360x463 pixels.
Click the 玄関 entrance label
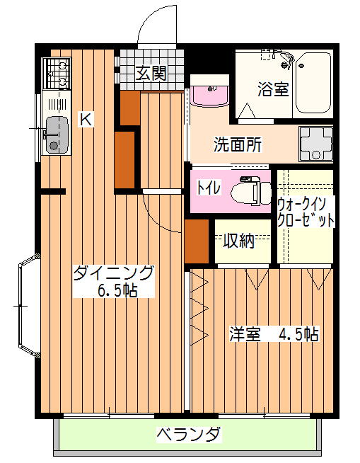(151, 73)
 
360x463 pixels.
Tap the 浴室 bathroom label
(273, 89)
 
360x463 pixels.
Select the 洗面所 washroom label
(238, 144)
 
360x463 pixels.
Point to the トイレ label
(209, 187)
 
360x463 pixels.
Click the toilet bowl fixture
(250, 191)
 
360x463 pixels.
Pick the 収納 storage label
(238, 241)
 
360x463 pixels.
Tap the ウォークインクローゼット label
(306, 212)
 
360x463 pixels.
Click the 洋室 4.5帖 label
(274, 334)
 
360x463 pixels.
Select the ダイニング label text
(114, 273)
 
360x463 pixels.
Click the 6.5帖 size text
(117, 291)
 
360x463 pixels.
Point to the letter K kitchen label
(86, 120)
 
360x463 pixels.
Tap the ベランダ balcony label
(189, 433)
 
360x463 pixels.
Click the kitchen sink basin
(57, 135)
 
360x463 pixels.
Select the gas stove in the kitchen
(57, 73)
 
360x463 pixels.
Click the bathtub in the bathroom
(313, 83)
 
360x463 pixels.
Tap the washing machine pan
(315, 144)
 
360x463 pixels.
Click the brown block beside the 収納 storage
(197, 241)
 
